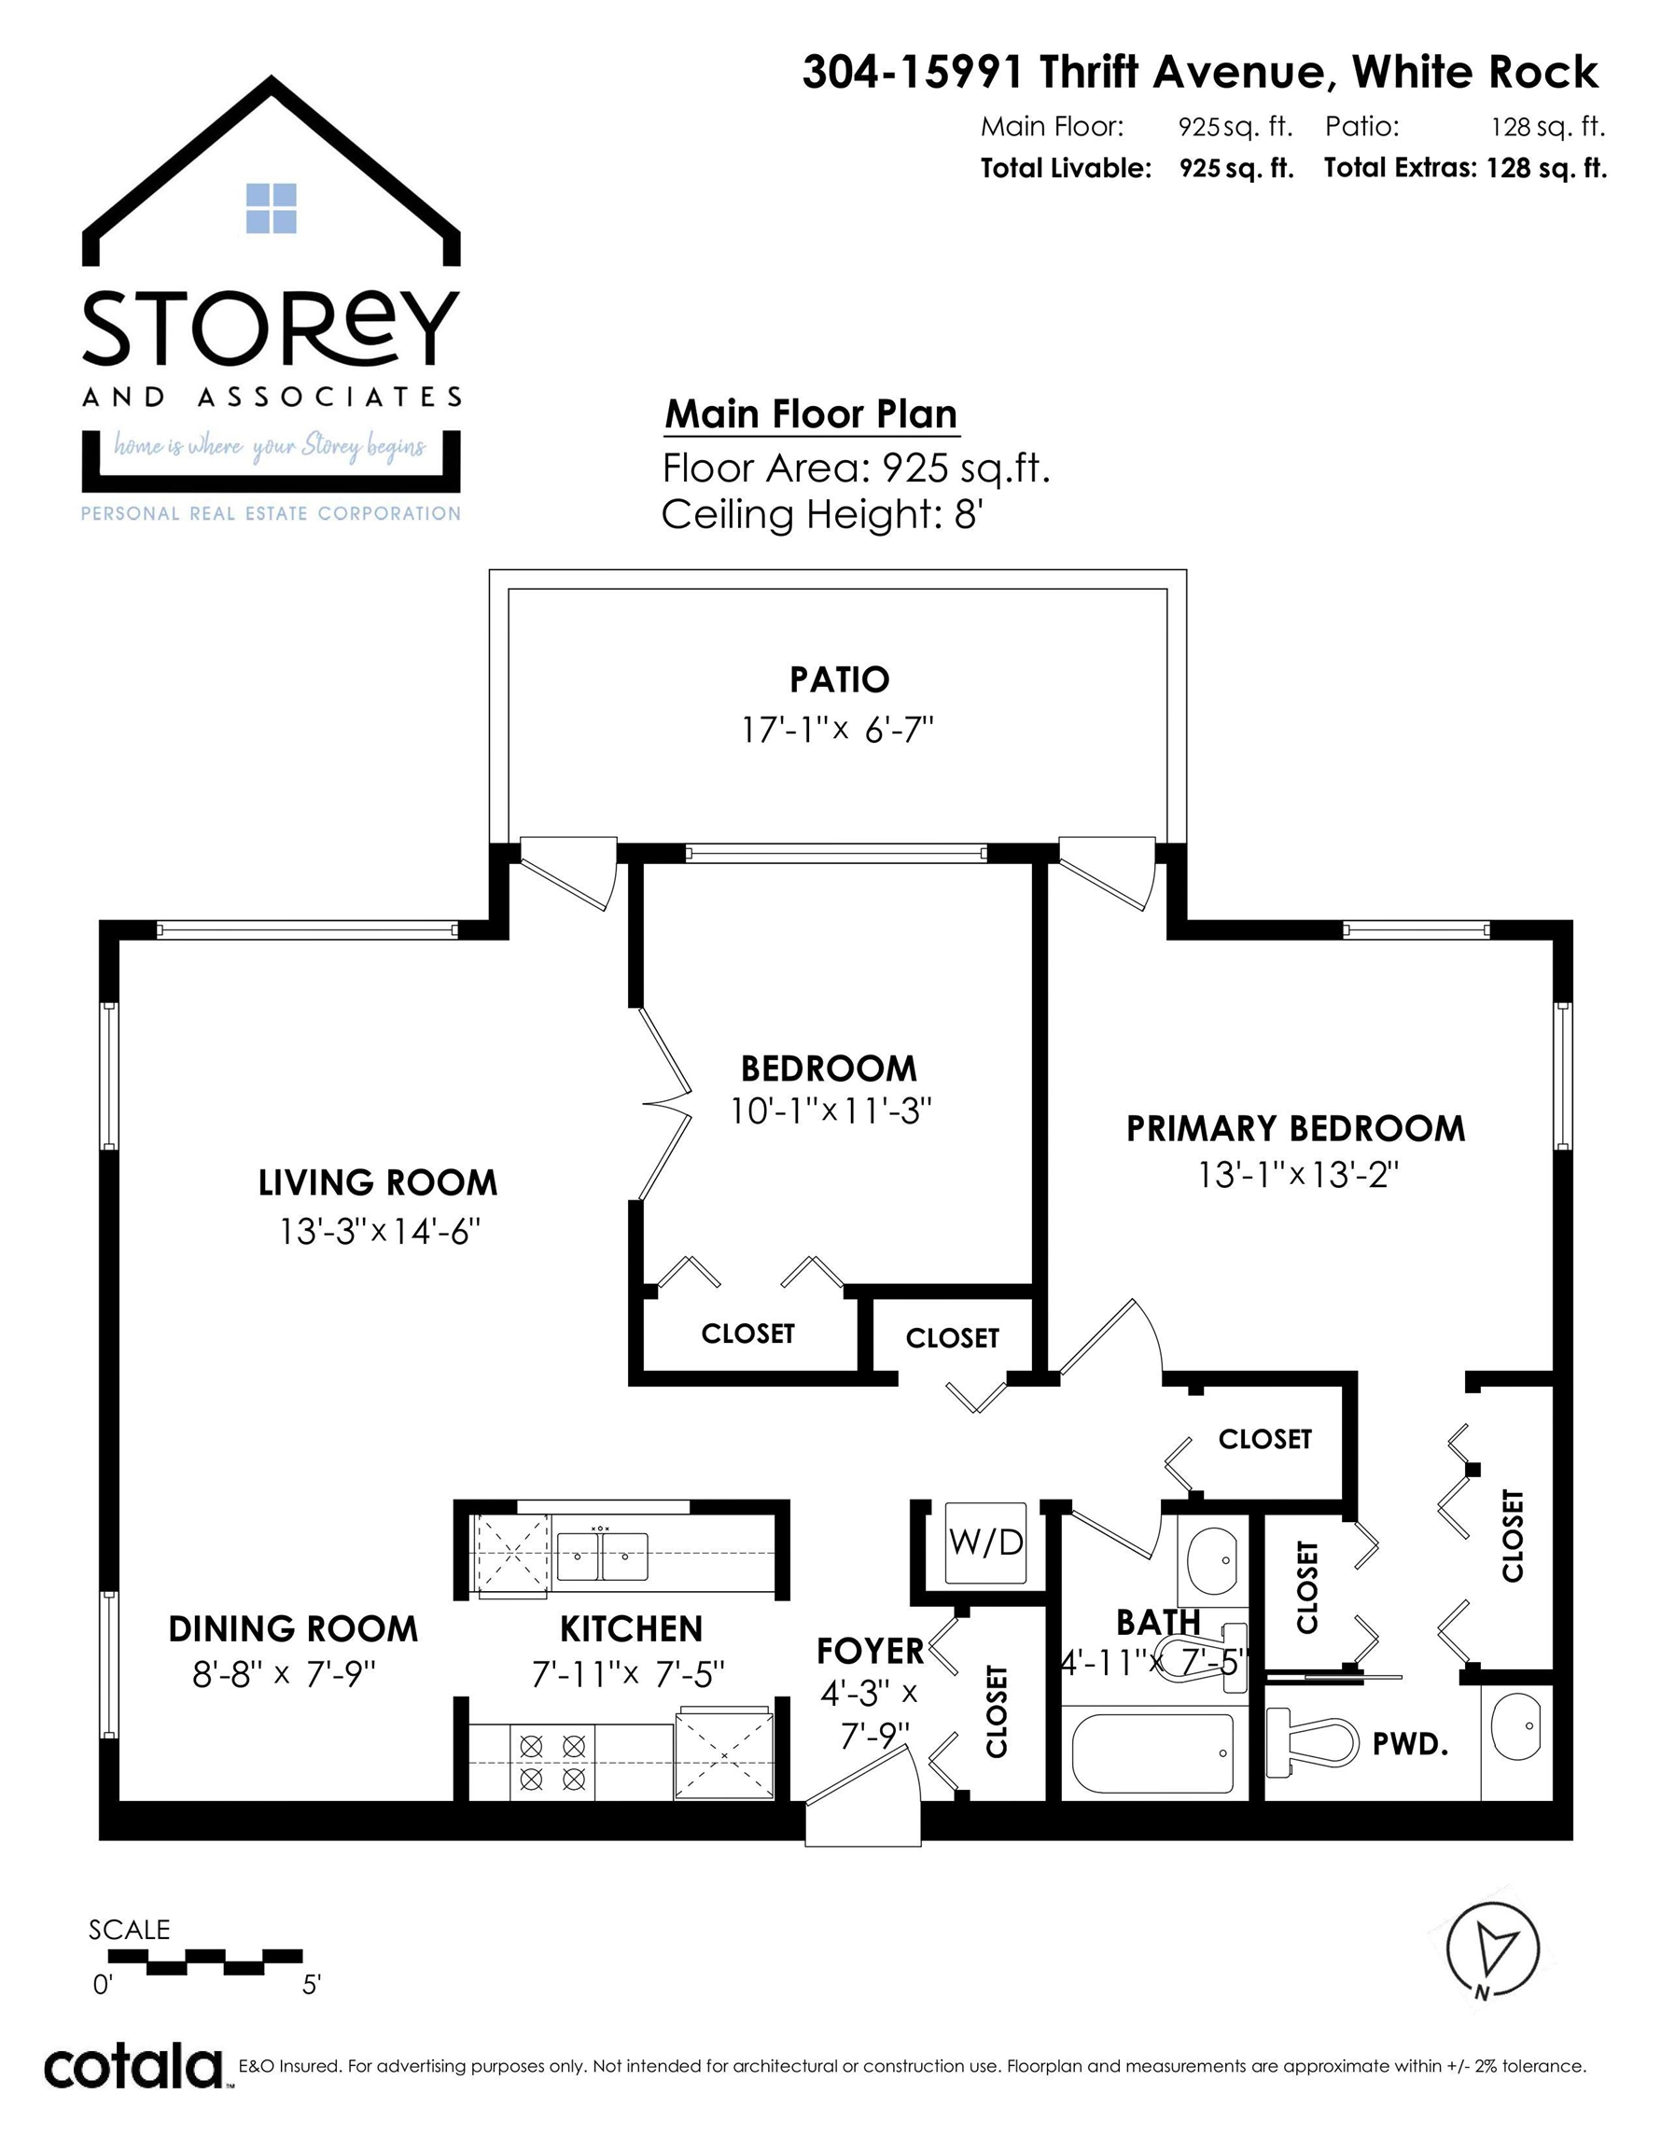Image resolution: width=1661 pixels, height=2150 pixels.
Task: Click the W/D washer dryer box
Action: pyautogui.click(x=985, y=1543)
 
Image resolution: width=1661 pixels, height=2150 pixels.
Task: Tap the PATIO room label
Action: pyautogui.click(x=839, y=679)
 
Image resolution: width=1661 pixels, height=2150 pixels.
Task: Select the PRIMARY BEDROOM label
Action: pyautogui.click(x=1296, y=1128)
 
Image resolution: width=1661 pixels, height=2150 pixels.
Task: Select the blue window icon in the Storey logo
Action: pyautogui.click(x=271, y=209)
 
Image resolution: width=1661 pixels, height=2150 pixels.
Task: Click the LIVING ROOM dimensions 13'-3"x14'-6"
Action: pyautogui.click(x=379, y=1232)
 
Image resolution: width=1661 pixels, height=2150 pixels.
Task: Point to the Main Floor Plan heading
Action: pyautogui.click(x=811, y=414)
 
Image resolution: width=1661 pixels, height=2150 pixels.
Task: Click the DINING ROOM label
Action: pyautogui.click(x=293, y=1629)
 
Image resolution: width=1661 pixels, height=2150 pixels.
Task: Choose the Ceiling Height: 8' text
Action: pyautogui.click(x=823, y=514)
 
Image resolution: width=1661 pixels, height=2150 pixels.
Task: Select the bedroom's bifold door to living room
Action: pyautogui.click(x=666, y=1104)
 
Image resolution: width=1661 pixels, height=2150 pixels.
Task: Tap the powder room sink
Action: pyautogui.click(x=1516, y=1726)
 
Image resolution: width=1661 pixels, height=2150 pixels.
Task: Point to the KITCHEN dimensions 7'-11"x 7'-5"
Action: pyautogui.click(x=628, y=1673)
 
